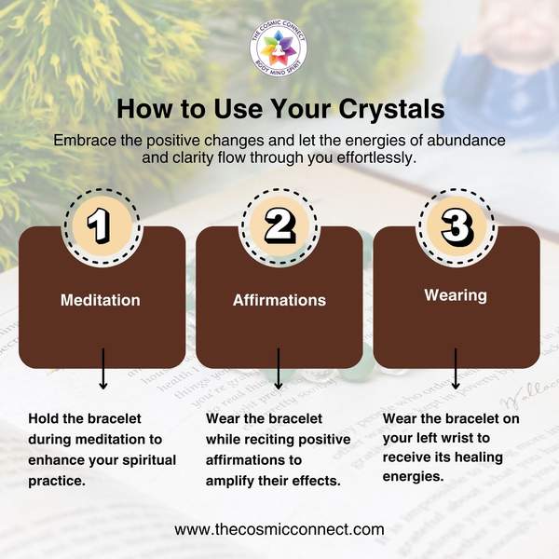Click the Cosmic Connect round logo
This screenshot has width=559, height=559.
tap(278, 48)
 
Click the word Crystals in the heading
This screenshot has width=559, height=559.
tap(391, 109)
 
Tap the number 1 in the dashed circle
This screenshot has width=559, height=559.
tap(99, 226)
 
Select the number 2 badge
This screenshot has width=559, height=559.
tap(279, 226)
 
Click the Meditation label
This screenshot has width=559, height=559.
tap(101, 300)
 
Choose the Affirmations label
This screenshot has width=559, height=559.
tap(279, 300)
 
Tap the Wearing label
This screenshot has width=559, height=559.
tap(456, 296)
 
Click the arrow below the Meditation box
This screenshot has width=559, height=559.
tap(103, 369)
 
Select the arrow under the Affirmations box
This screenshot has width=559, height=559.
tap(279, 369)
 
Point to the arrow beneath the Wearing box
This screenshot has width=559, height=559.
tap(456, 369)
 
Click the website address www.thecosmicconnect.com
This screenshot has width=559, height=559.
tap(279, 529)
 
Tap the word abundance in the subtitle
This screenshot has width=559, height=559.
tap(466, 140)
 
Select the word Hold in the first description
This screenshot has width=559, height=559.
tap(44, 418)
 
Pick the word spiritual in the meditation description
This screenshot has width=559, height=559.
tap(149, 460)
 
